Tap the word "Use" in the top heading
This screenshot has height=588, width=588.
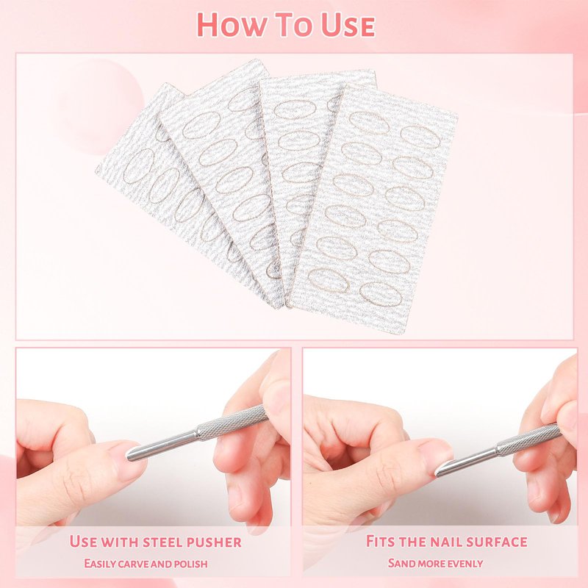click(x=348, y=25)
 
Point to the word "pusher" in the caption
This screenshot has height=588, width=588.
click(x=214, y=542)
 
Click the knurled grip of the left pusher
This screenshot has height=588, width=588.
click(x=232, y=423)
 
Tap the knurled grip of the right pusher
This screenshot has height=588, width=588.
click(x=528, y=439)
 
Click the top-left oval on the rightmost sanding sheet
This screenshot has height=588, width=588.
click(x=370, y=123)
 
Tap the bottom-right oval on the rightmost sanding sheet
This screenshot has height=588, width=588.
click(x=381, y=295)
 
